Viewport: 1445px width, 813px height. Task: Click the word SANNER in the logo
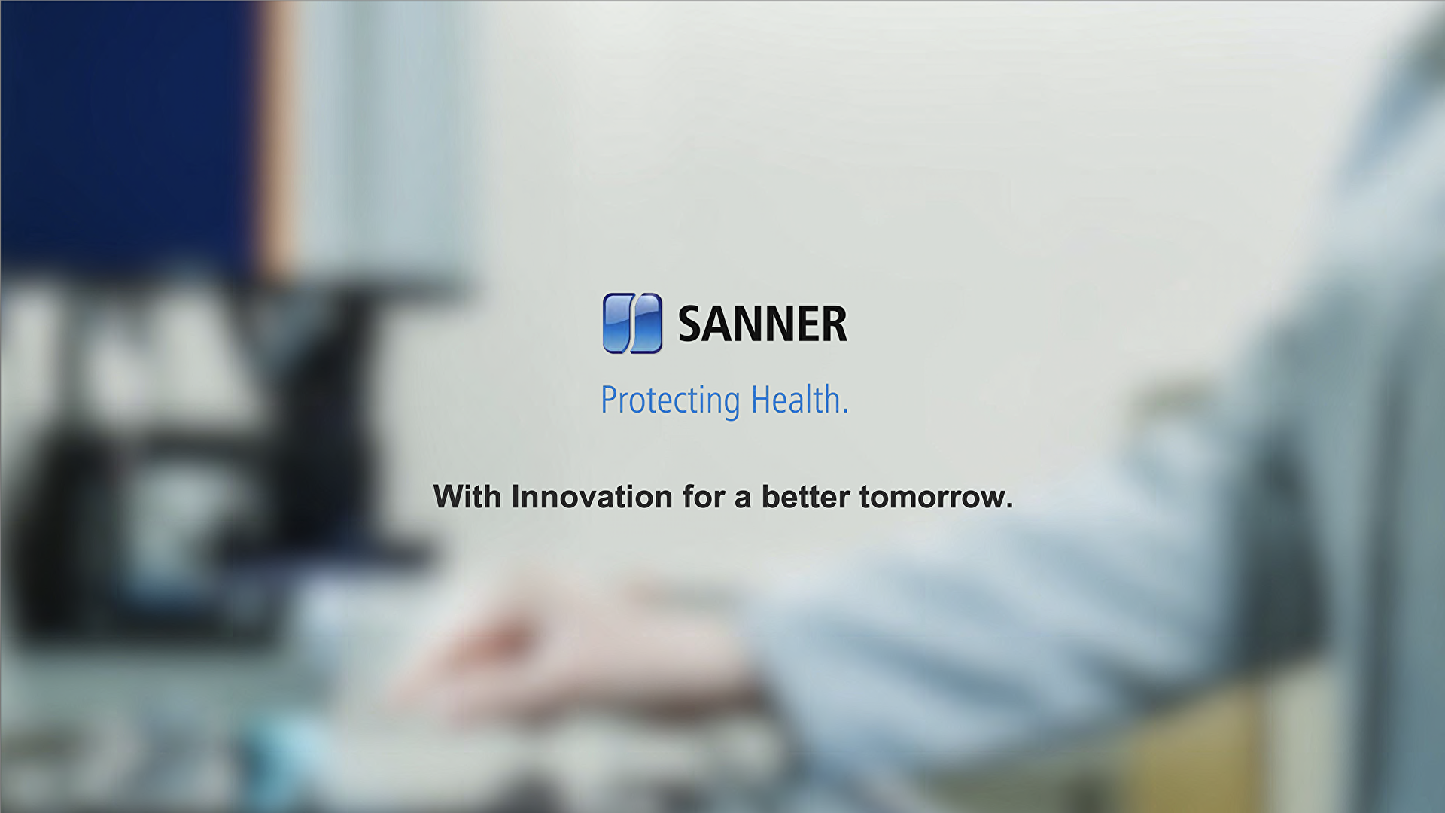pyautogui.click(x=762, y=324)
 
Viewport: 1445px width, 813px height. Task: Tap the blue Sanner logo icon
pyautogui.click(x=632, y=324)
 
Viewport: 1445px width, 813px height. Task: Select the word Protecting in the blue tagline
pyautogui.click(x=670, y=400)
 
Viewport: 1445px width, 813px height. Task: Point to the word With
pyautogui.click(x=467, y=497)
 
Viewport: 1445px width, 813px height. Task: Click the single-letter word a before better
pyautogui.click(x=743, y=498)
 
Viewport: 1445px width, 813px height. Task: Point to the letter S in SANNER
pyautogui.click(x=693, y=324)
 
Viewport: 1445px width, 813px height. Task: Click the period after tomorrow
pyautogui.click(x=1009, y=507)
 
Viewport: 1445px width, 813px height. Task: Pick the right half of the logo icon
pyautogui.click(x=647, y=324)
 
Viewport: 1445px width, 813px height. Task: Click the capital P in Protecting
pyautogui.click(x=608, y=400)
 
